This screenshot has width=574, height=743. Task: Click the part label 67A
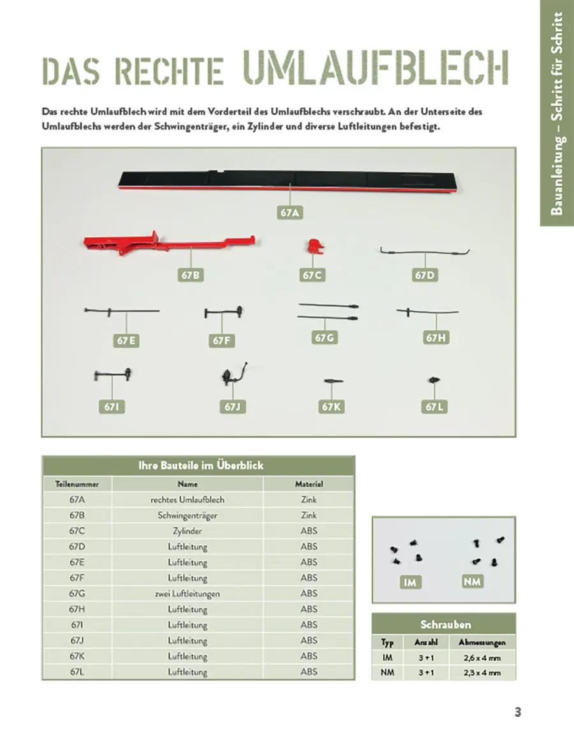[x=290, y=213]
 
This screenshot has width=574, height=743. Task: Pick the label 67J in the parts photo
[x=231, y=406]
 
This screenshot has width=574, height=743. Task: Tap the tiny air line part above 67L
[x=434, y=381]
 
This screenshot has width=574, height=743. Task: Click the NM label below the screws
[x=473, y=582]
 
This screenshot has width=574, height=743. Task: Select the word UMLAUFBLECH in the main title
[x=376, y=67]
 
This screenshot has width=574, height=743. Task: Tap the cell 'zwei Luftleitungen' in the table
[x=188, y=594]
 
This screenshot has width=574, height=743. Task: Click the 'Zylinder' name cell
[x=188, y=531]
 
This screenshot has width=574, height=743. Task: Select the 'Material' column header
[x=309, y=484]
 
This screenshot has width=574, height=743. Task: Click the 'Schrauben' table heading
[x=445, y=624]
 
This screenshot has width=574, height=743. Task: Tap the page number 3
[x=518, y=712]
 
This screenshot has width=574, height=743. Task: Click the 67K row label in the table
[x=77, y=656]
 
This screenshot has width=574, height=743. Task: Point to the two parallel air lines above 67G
[x=328, y=312]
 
